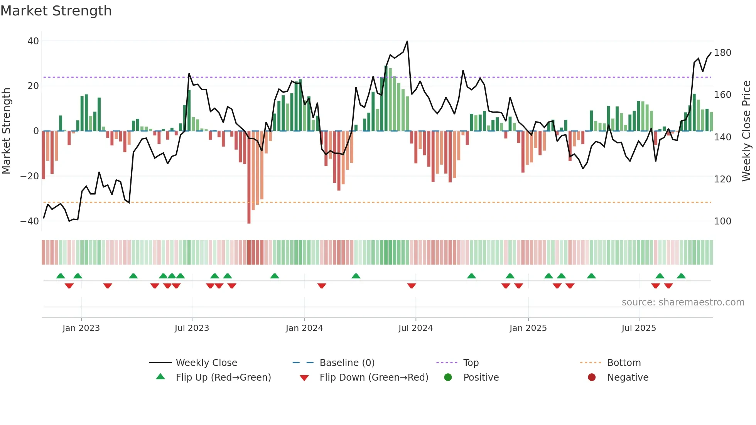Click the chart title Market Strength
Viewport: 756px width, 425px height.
click(56, 11)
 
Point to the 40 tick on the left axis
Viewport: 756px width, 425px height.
click(33, 41)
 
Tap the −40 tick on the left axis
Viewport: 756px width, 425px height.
click(30, 221)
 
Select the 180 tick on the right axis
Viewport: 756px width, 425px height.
click(722, 53)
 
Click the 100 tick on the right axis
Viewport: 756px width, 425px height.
click(722, 221)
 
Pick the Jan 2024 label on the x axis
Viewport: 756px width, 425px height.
click(304, 328)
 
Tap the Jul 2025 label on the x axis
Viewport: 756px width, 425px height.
click(639, 328)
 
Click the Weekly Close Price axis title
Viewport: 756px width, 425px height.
click(746, 131)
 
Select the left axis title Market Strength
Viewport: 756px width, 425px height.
click(6, 131)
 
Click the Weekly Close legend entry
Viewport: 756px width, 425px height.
click(206, 363)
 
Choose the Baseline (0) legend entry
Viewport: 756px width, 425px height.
click(347, 363)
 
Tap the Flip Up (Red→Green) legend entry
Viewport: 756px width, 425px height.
click(223, 378)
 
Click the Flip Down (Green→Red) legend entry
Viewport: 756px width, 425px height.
click(374, 378)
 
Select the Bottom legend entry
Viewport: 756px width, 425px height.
click(624, 363)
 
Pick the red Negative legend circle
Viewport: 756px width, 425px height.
click(592, 378)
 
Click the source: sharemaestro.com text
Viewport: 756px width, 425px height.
click(683, 302)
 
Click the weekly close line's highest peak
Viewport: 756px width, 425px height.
click(407, 41)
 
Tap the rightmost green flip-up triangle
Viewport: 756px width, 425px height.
click(681, 276)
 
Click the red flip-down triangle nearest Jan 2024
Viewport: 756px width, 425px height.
click(322, 286)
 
